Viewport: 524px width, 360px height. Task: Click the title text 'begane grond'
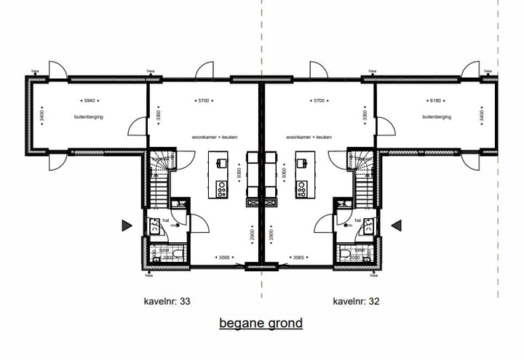[261, 323]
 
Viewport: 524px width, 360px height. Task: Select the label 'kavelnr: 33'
[167, 300]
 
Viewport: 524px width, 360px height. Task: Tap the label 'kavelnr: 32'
[356, 300]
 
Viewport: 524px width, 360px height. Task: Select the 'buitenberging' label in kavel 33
[88, 116]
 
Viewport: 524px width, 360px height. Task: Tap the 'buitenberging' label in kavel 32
[437, 116]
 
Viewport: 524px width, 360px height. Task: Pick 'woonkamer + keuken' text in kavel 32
[309, 137]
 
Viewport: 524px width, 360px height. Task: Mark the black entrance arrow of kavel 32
[397, 226]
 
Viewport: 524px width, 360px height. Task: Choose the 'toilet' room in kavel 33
[159, 253]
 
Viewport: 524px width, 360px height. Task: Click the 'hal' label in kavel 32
[358, 219]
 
